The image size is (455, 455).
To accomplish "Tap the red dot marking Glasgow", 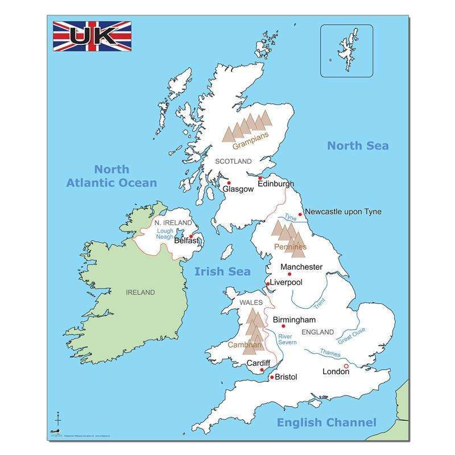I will click(229, 183).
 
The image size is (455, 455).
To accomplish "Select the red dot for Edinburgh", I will click(260, 178).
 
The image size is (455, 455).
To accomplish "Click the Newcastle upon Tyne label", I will click(343, 212).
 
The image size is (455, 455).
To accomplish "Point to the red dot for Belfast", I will click(191, 236).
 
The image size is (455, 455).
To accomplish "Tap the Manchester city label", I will click(301, 267).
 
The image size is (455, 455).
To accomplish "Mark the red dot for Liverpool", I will click(268, 283).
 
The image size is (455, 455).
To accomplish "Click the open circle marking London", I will click(346, 367).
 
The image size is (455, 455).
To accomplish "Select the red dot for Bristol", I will click(272, 377).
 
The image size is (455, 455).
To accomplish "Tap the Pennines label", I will click(290, 247).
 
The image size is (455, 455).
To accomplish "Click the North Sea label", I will click(358, 146).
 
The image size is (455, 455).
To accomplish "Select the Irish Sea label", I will click(222, 271).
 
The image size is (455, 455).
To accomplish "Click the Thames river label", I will click(330, 353).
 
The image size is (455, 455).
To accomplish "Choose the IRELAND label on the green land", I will click(140, 292).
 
